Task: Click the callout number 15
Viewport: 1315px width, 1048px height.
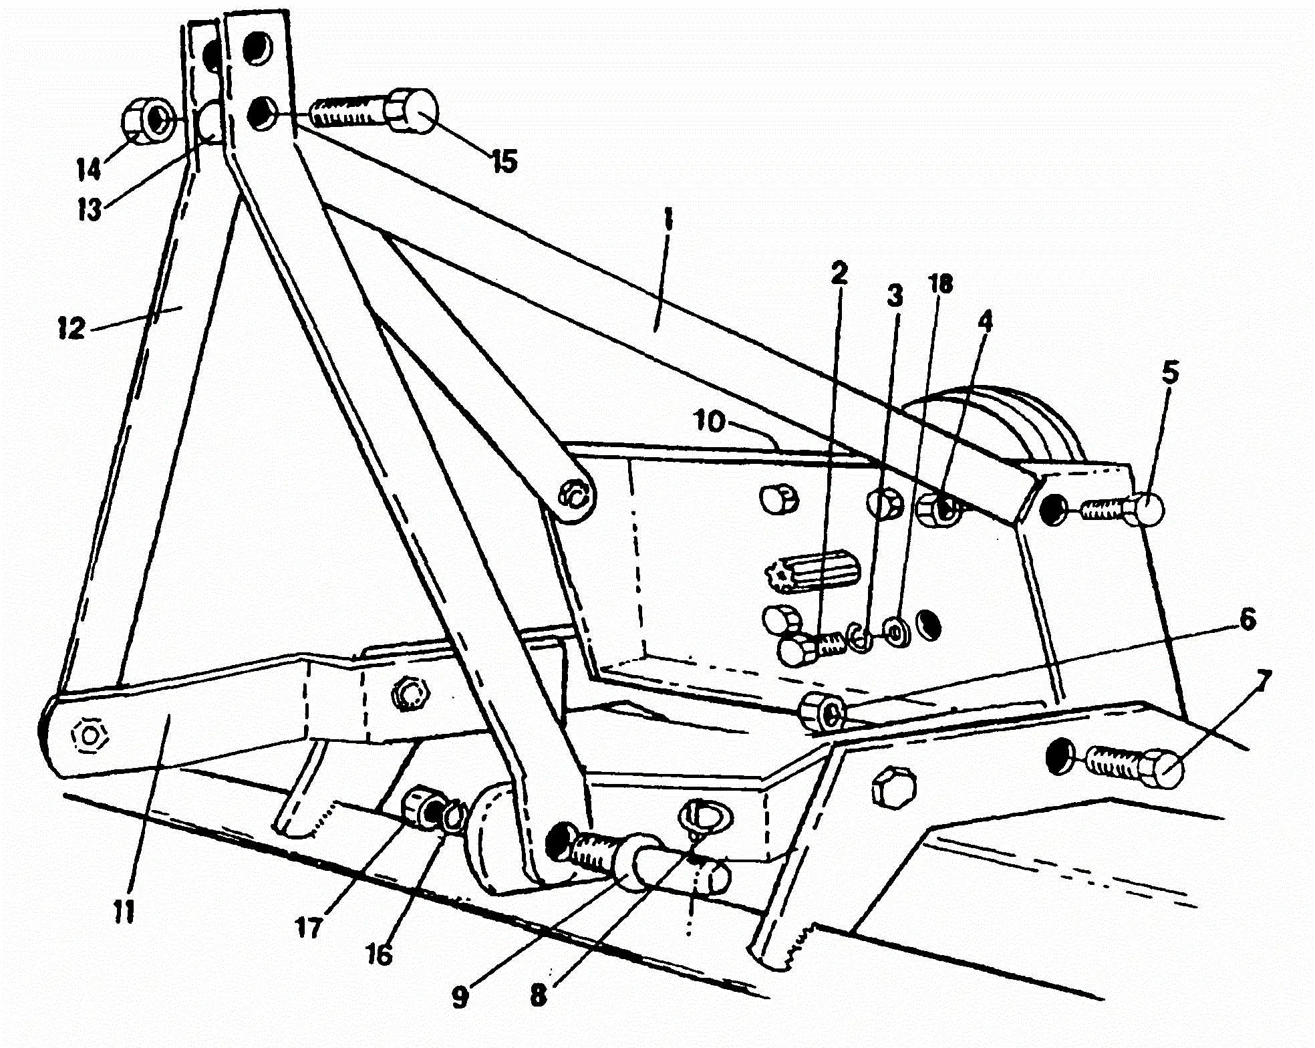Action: (x=504, y=161)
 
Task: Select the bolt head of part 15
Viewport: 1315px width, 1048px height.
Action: (x=414, y=110)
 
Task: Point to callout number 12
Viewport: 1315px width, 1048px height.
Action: (x=72, y=328)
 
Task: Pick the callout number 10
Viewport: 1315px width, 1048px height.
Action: (x=709, y=422)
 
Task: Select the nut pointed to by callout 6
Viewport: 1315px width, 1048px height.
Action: (x=823, y=712)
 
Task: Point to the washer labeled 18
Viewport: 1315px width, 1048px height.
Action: (x=895, y=631)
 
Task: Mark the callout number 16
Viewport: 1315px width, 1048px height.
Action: (x=379, y=954)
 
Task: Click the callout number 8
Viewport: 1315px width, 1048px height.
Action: (x=539, y=996)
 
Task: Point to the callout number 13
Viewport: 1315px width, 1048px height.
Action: (x=88, y=210)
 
